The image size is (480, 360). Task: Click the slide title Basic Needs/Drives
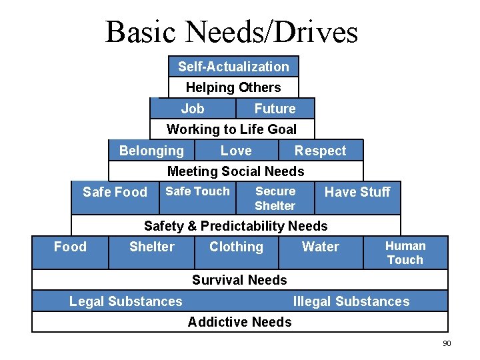click(x=231, y=31)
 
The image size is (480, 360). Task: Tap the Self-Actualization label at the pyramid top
click(x=233, y=67)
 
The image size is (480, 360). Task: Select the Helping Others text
click(x=233, y=87)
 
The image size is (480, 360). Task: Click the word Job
click(x=193, y=109)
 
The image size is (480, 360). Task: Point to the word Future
click(x=275, y=109)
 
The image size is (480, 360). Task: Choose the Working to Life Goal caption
click(x=231, y=129)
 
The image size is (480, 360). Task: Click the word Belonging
click(x=151, y=151)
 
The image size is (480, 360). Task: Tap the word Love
click(x=236, y=151)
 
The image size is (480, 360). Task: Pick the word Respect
click(x=321, y=151)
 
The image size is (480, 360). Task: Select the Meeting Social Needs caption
click(x=235, y=171)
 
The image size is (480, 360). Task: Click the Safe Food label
click(x=115, y=192)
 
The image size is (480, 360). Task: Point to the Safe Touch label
click(x=197, y=191)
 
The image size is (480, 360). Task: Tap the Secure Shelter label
click(x=275, y=198)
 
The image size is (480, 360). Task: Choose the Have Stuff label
click(x=357, y=192)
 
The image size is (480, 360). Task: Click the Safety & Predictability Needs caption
click(x=236, y=226)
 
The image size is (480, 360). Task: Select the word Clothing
click(x=236, y=247)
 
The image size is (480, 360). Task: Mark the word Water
click(x=321, y=247)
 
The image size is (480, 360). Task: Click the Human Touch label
click(x=405, y=253)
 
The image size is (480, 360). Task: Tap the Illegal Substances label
click(x=351, y=301)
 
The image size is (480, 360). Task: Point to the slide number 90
click(x=447, y=343)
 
